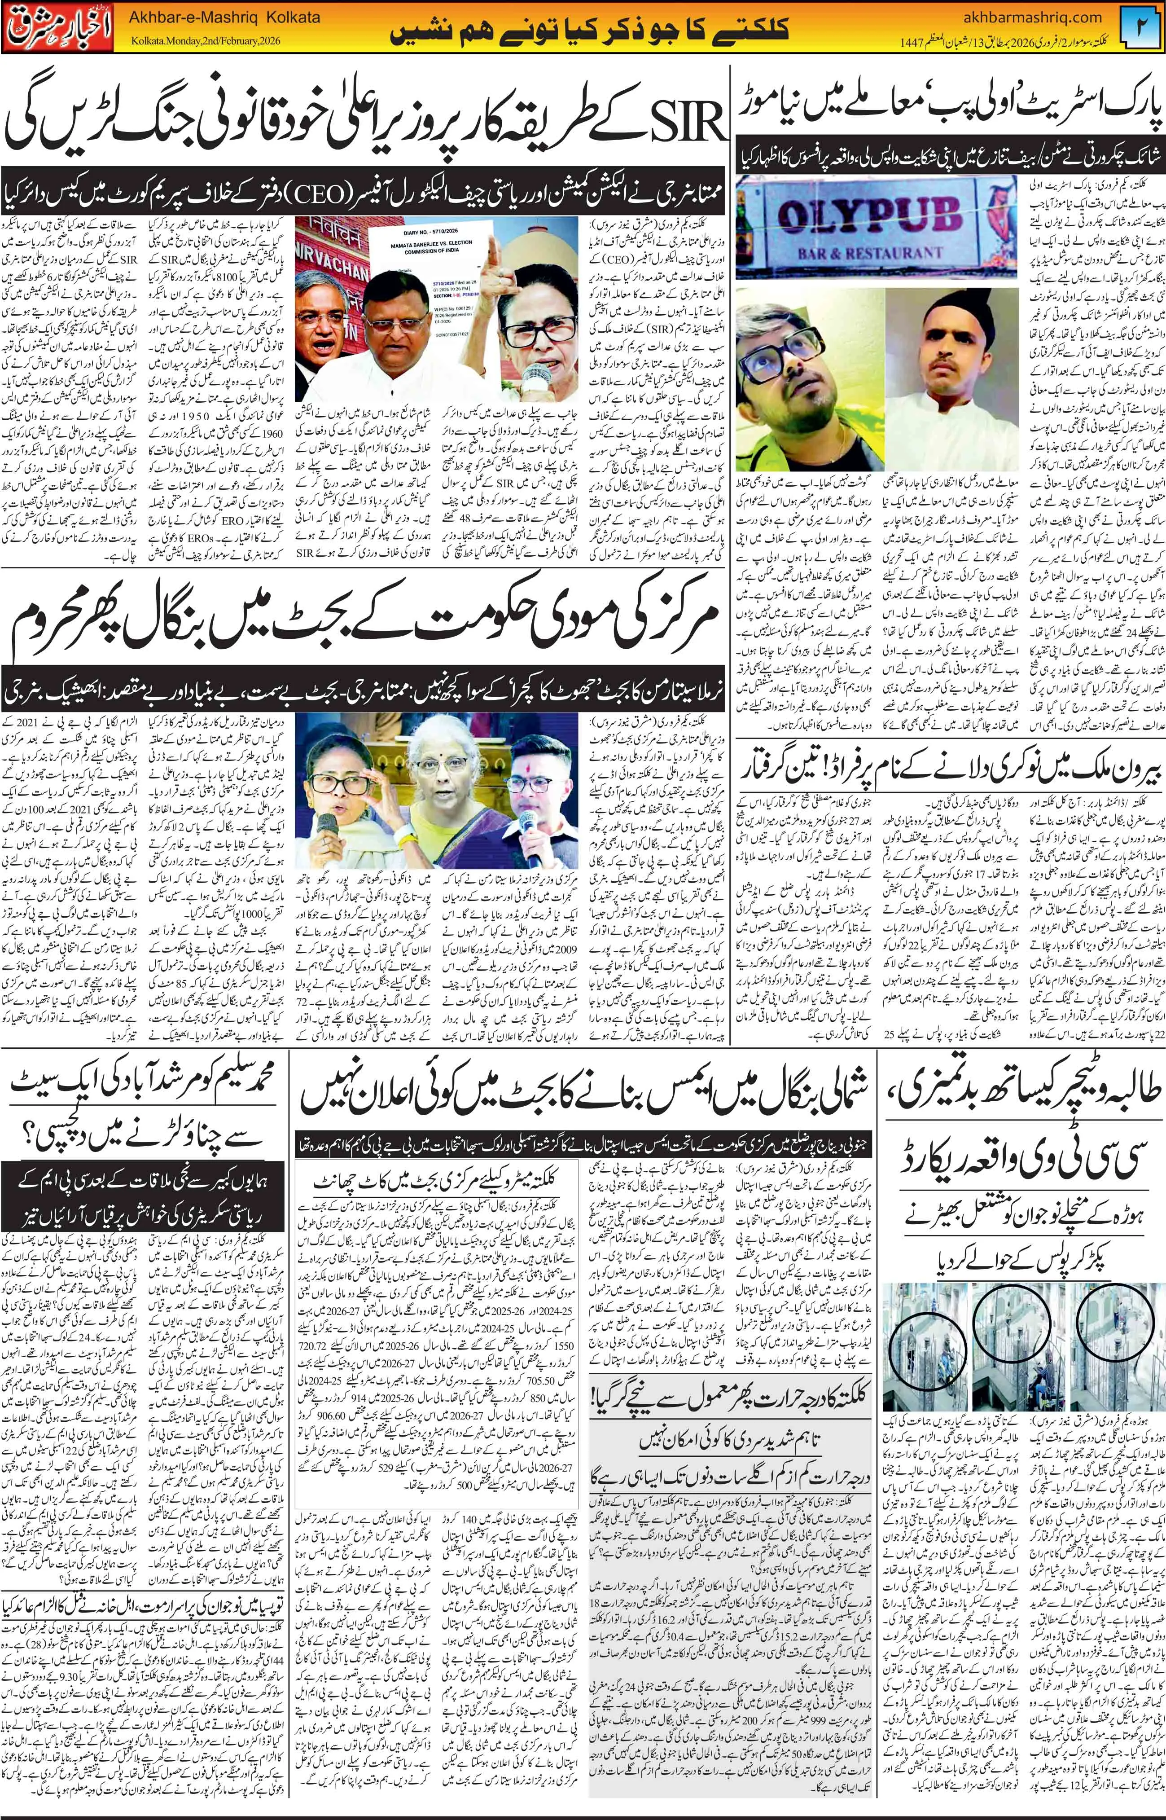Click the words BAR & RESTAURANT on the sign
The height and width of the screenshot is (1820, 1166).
(871, 252)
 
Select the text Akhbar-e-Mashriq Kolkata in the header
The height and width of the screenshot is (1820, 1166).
(225, 17)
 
